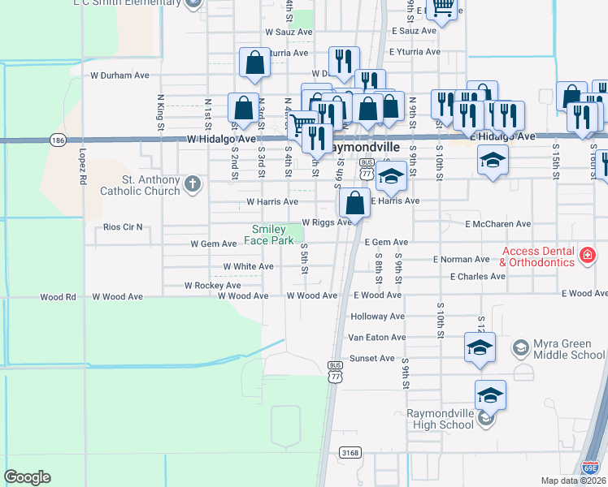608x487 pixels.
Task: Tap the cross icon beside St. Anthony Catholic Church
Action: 193,183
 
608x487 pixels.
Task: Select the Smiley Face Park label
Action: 272,235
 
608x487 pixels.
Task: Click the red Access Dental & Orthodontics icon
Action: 588,256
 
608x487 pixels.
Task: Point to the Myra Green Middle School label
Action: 569,349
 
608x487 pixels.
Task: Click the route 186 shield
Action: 58,140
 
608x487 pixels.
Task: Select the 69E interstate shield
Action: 591,467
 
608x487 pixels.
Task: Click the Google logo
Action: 27,477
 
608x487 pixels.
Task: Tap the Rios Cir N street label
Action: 123,226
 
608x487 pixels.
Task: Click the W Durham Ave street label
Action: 119,75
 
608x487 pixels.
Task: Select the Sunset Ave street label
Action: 371,358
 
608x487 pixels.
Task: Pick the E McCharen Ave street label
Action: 497,224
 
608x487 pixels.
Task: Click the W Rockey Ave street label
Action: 212,286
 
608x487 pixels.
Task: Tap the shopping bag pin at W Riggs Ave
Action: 354,203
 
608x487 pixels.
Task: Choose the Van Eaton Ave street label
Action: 376,337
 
